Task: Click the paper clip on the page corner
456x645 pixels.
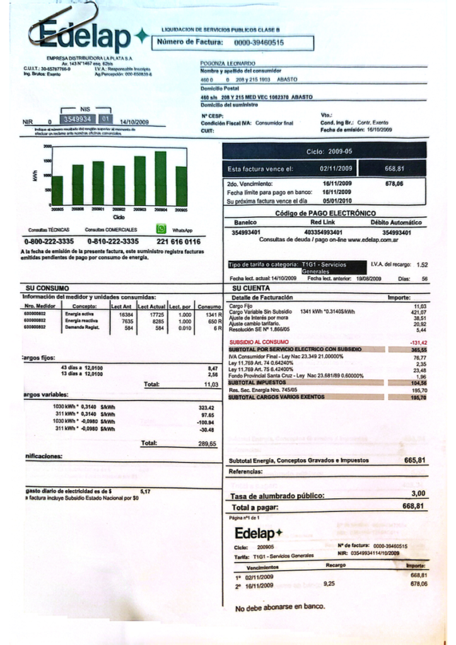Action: [x=63, y=23]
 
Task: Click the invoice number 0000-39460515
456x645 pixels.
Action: [x=259, y=42]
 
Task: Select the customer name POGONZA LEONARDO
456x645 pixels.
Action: [x=228, y=64]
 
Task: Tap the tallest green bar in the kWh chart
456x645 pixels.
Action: [x=161, y=178]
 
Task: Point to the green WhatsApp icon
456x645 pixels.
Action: [x=161, y=229]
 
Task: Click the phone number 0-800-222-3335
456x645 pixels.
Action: [x=49, y=241]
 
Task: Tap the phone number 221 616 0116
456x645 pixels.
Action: [x=178, y=241]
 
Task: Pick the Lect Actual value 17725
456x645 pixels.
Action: [x=157, y=314]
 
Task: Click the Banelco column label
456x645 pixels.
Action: [x=245, y=222]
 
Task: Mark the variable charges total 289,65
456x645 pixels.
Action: [x=207, y=443]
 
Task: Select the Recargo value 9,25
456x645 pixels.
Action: [x=329, y=584]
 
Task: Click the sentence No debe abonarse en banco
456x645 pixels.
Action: [x=280, y=607]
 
